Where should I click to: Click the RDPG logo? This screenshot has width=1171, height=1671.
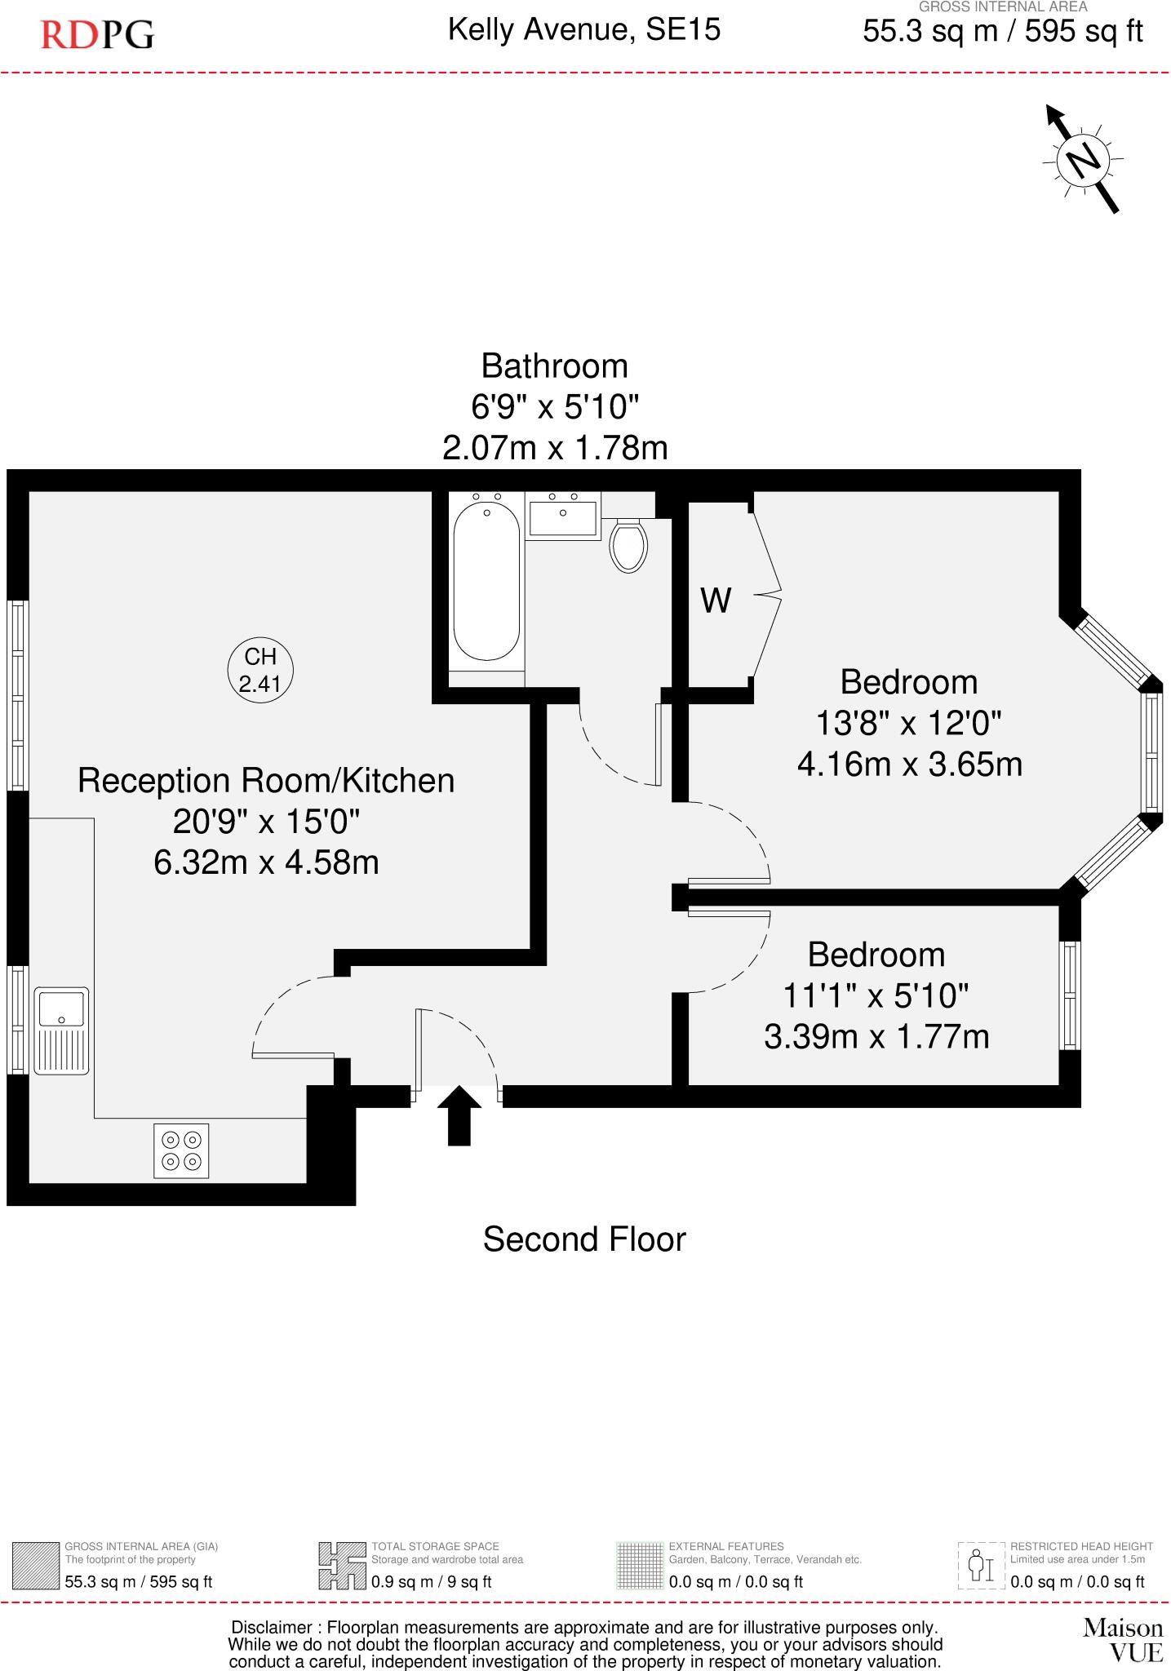pyautogui.click(x=97, y=35)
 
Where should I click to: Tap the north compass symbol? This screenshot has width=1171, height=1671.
pyautogui.click(x=1084, y=160)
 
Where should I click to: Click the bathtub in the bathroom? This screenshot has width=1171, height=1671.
pyautogui.click(x=486, y=582)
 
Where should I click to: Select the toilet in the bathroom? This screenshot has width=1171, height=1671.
pyautogui.click(x=628, y=546)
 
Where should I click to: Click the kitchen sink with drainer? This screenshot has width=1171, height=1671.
pyautogui.click(x=61, y=1031)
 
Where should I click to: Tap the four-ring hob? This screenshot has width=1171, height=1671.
pyautogui.click(x=181, y=1150)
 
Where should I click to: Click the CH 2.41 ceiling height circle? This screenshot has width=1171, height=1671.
pyautogui.click(x=259, y=670)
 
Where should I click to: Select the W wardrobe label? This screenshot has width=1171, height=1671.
pyautogui.click(x=716, y=601)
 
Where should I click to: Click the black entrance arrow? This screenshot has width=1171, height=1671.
pyautogui.click(x=459, y=1115)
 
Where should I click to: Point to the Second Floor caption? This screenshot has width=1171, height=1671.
pyautogui.click(x=584, y=1239)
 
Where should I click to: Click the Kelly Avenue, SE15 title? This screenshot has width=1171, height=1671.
pyautogui.click(x=584, y=31)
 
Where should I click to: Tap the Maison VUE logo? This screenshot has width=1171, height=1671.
pyautogui.click(x=1123, y=1640)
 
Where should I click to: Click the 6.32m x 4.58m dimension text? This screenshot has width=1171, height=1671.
pyautogui.click(x=266, y=862)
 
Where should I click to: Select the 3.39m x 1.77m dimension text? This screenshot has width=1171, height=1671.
pyautogui.click(x=876, y=1037)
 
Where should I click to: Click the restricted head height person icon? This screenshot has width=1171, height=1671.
pyautogui.click(x=980, y=1565)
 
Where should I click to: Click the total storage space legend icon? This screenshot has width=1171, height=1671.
pyautogui.click(x=341, y=1565)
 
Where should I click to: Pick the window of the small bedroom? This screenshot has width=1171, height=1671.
pyautogui.click(x=1070, y=995)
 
